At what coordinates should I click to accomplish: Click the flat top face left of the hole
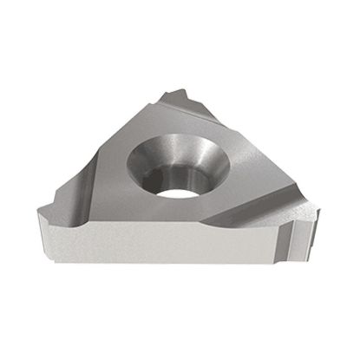click(113, 173)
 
